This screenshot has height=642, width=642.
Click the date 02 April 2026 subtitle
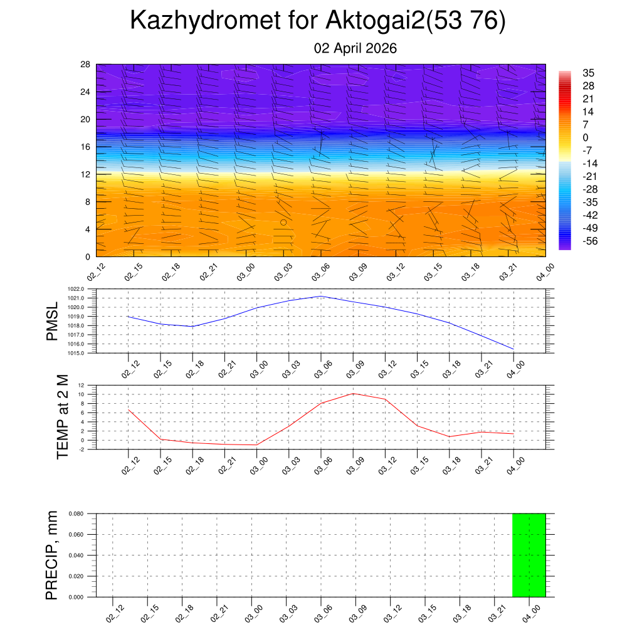[x=355, y=48]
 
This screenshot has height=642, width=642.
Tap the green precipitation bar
[x=529, y=555]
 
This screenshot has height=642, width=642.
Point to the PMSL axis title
[x=52, y=321]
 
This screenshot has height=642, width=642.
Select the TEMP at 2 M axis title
[x=63, y=416]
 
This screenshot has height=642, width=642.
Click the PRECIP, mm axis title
[x=52, y=555]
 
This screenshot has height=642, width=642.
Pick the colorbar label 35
[x=588, y=73]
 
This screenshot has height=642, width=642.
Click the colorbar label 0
[x=586, y=138]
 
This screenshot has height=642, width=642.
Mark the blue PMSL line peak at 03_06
[x=321, y=296]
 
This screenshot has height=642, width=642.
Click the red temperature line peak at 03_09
[x=353, y=393]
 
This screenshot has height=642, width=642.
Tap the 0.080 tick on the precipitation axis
[x=76, y=513]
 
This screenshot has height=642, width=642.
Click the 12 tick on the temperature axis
[x=82, y=385]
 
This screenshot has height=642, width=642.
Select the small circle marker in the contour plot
[x=283, y=222]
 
